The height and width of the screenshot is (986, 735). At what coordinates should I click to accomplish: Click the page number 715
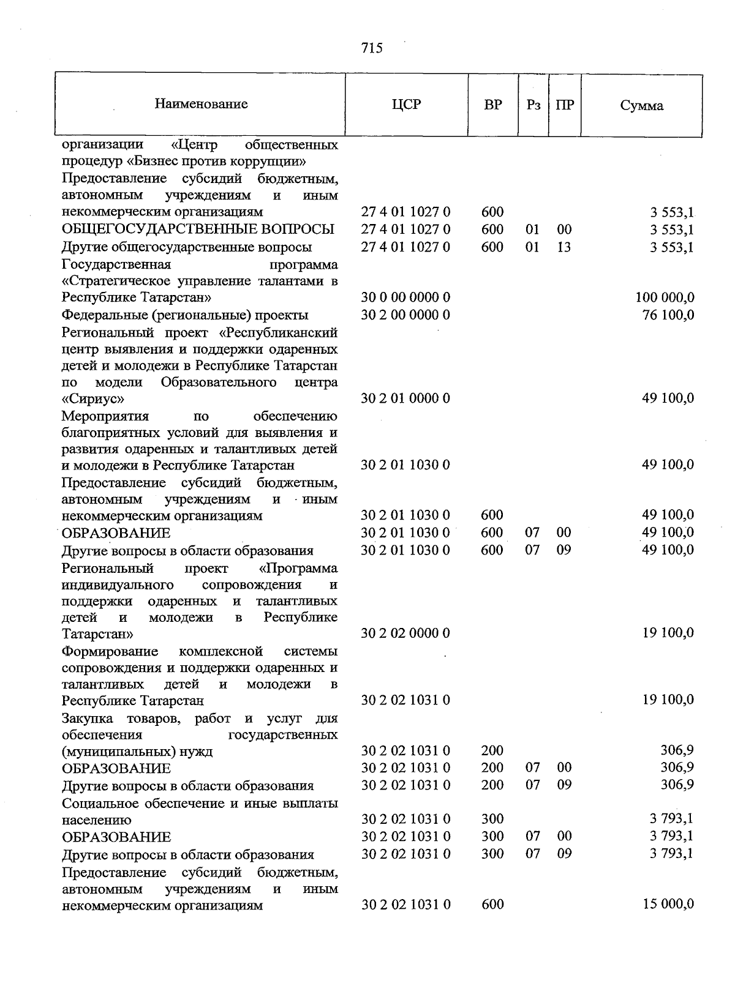coord(372,48)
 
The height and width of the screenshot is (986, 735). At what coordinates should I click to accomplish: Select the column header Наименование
coord(201,104)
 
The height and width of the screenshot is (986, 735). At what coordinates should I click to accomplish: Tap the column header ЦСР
coord(406,105)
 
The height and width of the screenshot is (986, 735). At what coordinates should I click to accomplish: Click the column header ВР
coord(492,105)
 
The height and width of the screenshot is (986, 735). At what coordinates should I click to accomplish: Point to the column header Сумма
coord(641,105)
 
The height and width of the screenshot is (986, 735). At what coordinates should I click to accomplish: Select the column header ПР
coord(564,105)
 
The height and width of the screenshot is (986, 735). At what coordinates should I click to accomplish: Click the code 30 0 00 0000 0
coord(405,298)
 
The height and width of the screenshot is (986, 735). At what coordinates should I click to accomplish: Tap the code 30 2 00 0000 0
coord(405,315)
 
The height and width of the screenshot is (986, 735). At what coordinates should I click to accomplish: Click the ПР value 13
coord(563,247)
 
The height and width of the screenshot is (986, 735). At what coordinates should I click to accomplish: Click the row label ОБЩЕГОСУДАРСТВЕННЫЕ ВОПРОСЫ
coord(198,230)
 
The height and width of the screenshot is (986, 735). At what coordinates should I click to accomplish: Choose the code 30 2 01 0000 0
coord(405,398)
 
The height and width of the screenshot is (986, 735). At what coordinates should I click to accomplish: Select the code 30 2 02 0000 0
coord(405,633)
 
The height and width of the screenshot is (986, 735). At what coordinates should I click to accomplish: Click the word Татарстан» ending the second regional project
coord(97,633)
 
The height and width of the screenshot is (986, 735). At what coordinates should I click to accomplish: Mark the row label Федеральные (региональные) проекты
coord(185,315)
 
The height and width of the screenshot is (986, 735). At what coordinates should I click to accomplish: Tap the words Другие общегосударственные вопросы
coord(187,247)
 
